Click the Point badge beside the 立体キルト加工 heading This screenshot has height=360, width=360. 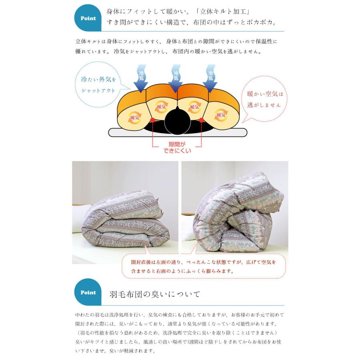tap(88, 18)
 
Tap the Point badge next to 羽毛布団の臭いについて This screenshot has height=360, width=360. tap(88, 292)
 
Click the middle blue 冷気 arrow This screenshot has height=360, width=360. tap(175, 78)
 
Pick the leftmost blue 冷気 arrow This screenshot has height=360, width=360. tap(141, 78)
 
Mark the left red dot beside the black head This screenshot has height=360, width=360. tap(152, 120)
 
